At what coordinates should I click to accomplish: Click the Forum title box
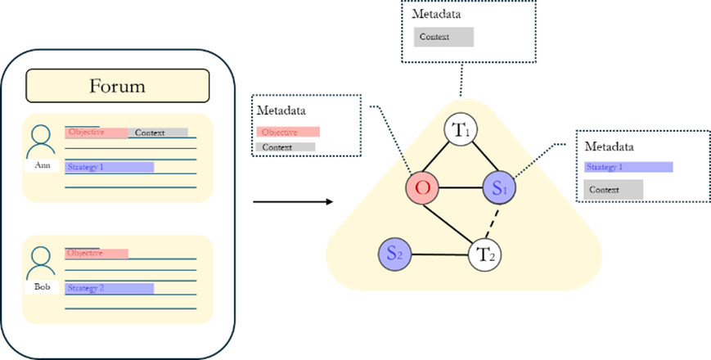[118, 86]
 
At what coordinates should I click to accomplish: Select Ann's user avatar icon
[43, 141]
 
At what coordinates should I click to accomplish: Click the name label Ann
[43, 164]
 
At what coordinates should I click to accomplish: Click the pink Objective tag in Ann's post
[96, 133]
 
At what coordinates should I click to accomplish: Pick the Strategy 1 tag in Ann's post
[109, 167]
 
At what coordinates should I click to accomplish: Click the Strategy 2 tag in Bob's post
[109, 288]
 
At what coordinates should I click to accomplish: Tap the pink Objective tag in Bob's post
[96, 254]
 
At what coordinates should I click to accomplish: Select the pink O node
[423, 187]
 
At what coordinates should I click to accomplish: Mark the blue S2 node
[394, 254]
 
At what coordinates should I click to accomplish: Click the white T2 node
[484, 254]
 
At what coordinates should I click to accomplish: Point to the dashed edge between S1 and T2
[492, 220]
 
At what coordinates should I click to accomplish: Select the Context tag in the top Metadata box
[443, 37]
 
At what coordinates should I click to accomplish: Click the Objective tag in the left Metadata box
[287, 132]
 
